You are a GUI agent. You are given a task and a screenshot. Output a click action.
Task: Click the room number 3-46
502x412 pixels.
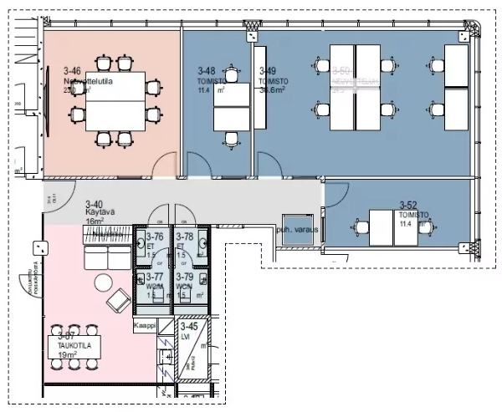point(72,72)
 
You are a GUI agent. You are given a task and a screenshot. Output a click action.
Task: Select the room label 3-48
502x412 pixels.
point(207,71)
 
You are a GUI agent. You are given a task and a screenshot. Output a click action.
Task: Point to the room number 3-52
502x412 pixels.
point(408,204)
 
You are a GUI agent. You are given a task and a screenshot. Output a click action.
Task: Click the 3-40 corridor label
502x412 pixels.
point(95,204)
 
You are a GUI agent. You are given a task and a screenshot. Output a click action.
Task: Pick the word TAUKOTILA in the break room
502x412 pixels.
point(68,343)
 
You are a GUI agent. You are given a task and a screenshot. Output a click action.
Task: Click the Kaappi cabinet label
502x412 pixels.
point(145,327)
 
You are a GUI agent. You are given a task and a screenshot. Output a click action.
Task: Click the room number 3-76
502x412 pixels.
point(154,237)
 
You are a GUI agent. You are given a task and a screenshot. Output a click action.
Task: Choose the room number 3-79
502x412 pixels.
point(185,277)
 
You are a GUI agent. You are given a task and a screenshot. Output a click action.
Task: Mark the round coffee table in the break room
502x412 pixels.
point(103,282)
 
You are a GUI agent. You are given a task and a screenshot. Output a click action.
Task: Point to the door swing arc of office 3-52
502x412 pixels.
point(335,195)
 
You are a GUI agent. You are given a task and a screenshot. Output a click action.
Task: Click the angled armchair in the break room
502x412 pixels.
point(117,298)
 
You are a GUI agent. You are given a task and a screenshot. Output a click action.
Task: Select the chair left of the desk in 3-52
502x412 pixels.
point(361,226)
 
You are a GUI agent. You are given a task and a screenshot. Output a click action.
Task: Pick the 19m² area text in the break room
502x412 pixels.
point(68,354)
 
